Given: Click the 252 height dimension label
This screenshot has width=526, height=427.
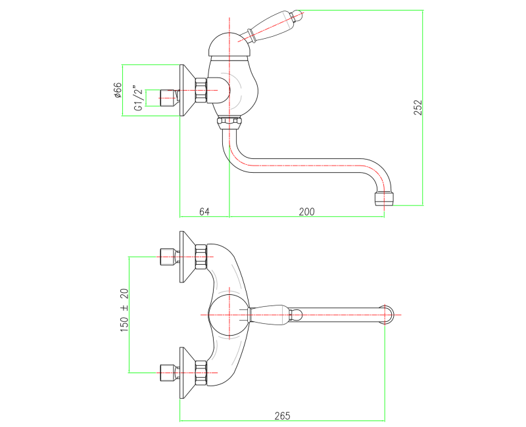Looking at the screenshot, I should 418,107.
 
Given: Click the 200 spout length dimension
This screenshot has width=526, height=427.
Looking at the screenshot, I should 306,212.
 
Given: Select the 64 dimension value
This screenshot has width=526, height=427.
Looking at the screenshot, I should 204,212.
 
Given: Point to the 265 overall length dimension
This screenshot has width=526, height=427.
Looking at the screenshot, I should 282,415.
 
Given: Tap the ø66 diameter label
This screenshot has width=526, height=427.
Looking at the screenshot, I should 118,90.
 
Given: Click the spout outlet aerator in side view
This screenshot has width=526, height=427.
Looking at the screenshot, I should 384,198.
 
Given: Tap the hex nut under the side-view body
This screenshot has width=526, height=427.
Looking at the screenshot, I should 229,122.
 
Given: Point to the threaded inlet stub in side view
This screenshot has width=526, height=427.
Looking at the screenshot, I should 167,97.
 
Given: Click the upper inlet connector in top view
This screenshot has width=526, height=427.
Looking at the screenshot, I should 168,256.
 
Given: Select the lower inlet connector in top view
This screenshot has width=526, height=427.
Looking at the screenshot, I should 168,372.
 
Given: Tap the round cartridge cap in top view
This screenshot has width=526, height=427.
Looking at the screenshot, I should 227,314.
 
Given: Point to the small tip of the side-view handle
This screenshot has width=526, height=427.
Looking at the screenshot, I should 297,12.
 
